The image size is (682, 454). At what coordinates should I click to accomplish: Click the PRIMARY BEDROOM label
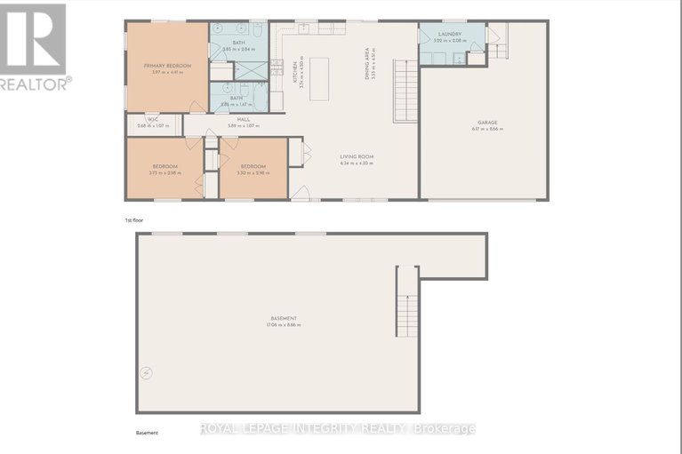point(167,66)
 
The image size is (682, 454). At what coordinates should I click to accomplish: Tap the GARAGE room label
point(487,123)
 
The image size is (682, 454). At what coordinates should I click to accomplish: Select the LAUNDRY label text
point(448,34)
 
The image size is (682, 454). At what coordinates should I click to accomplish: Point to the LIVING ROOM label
point(356,156)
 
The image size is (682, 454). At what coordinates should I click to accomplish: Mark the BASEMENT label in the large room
point(284,318)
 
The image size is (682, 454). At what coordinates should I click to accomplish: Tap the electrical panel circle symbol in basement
point(146,372)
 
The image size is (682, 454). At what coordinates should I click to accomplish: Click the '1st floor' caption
point(134,219)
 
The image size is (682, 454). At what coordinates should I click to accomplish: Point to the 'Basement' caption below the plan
point(147,433)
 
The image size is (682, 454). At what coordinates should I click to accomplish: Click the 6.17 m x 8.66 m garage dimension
point(487,129)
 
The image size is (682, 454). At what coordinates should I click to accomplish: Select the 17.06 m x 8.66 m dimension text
point(284,325)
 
